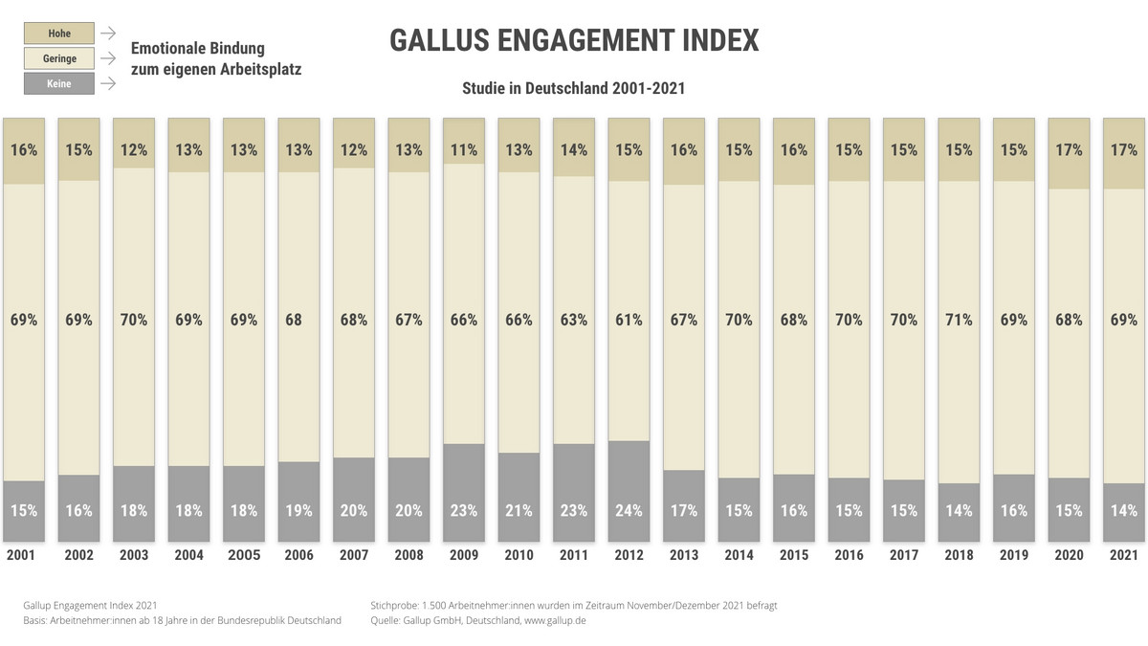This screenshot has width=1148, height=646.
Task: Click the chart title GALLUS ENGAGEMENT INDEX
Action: click(574, 40)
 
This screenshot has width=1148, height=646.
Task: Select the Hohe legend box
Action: click(59, 33)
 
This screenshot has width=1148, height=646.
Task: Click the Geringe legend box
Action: click(59, 58)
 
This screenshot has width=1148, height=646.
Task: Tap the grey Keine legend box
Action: click(59, 83)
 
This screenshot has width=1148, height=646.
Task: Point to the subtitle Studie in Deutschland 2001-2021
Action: click(574, 87)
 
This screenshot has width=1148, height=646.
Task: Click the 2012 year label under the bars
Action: click(629, 555)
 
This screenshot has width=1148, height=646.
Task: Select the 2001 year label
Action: click(24, 555)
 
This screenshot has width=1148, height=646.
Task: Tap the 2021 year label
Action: click(1124, 555)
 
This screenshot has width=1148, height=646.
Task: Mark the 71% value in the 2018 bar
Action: click(960, 320)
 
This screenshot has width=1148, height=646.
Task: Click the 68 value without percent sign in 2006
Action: click(298, 320)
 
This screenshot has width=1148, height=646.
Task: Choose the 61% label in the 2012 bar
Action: click(629, 320)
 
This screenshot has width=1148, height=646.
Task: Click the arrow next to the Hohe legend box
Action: click(108, 33)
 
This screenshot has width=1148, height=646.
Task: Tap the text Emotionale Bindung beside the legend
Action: click(198, 48)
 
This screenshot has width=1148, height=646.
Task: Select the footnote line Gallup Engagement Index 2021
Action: click(90, 605)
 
